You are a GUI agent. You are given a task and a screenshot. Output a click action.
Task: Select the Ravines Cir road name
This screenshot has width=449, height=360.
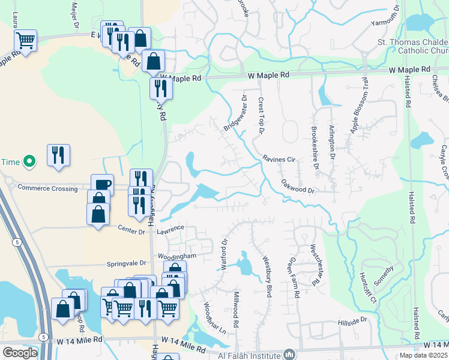(x=279, y=160)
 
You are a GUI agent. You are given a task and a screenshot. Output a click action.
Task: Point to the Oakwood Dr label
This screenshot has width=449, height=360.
(x=298, y=190)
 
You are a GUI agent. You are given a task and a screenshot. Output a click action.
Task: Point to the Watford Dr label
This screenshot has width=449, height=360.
(x=224, y=255)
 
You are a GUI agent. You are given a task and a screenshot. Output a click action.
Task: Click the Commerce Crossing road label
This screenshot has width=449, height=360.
(x=47, y=188)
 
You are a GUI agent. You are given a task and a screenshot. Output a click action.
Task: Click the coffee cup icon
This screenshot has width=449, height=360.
(x=102, y=185)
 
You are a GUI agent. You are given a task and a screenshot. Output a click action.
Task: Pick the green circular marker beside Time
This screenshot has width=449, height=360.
(x=28, y=161)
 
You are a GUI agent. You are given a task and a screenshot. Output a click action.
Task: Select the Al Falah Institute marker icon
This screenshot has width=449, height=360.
(x=290, y=354)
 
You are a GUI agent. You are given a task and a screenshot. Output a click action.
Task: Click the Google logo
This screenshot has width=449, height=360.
(x=20, y=353)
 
